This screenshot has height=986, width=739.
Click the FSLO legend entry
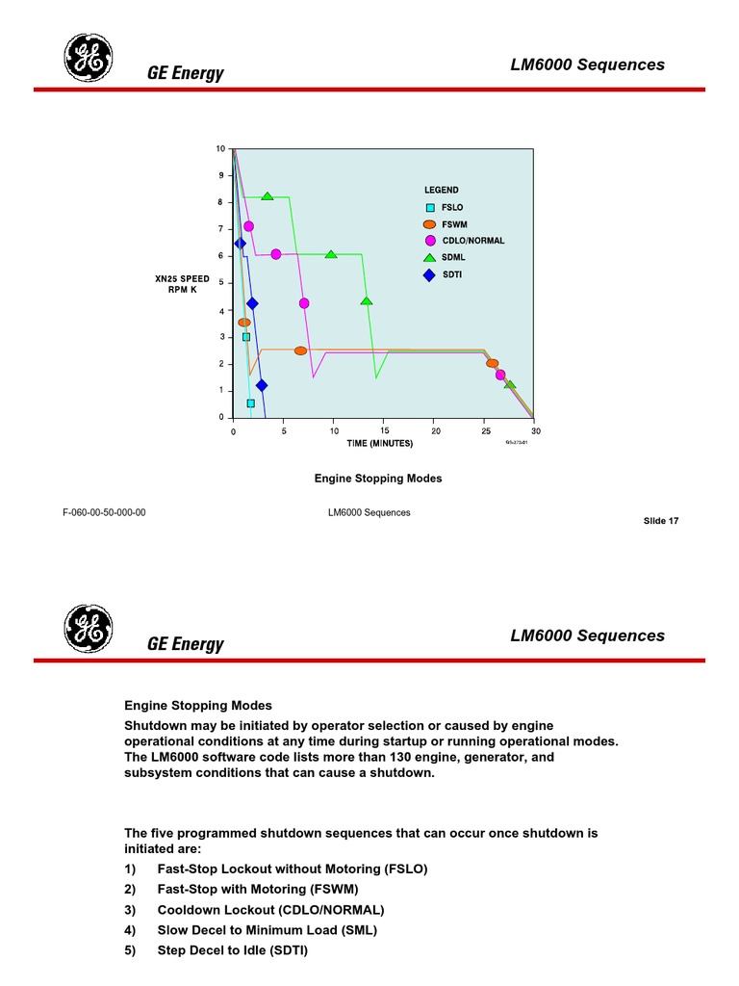[x=451, y=208]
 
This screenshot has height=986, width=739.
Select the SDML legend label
[x=453, y=258]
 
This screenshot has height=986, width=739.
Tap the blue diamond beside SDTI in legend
[x=429, y=274]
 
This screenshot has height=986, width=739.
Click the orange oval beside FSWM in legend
[x=429, y=224]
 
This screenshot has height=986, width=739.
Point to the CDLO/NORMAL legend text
[x=472, y=241]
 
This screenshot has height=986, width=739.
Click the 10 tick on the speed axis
[x=220, y=149]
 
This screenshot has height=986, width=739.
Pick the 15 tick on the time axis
[x=385, y=431]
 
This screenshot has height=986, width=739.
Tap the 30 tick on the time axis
[x=535, y=431]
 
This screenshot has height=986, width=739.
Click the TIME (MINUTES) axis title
[x=380, y=444]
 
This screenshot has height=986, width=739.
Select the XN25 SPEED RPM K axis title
[x=182, y=284]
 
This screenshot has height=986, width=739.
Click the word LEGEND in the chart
[x=442, y=191]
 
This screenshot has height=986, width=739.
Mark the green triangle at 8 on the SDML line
[x=268, y=196]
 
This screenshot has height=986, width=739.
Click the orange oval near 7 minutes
[x=300, y=351]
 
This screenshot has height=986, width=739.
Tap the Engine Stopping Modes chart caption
[x=378, y=479]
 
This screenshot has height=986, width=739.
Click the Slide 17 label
[x=661, y=521]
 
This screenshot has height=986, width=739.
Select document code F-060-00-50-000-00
[x=104, y=512]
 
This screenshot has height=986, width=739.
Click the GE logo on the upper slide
[x=89, y=58]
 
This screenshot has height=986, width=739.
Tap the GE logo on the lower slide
[x=89, y=629]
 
